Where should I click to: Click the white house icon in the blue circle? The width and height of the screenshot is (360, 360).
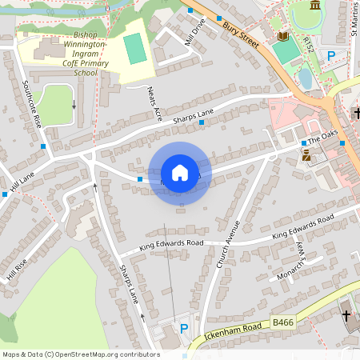(x=180, y=173)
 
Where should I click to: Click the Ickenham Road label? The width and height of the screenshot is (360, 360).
(x=233, y=330)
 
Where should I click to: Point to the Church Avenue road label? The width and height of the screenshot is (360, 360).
(x=227, y=243)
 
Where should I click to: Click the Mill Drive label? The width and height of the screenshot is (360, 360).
(x=194, y=33)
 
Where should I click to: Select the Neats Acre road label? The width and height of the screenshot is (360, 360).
(x=150, y=102)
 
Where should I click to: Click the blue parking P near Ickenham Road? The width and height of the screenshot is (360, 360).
(x=184, y=329)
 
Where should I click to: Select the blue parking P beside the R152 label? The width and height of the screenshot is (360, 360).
(x=331, y=55)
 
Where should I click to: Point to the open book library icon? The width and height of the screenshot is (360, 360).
(x=282, y=36)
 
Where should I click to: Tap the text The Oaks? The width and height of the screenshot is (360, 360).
(x=324, y=138)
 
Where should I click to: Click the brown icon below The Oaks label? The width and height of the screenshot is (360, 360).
(x=306, y=157)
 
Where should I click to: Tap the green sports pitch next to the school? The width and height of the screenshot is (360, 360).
(x=134, y=50)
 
